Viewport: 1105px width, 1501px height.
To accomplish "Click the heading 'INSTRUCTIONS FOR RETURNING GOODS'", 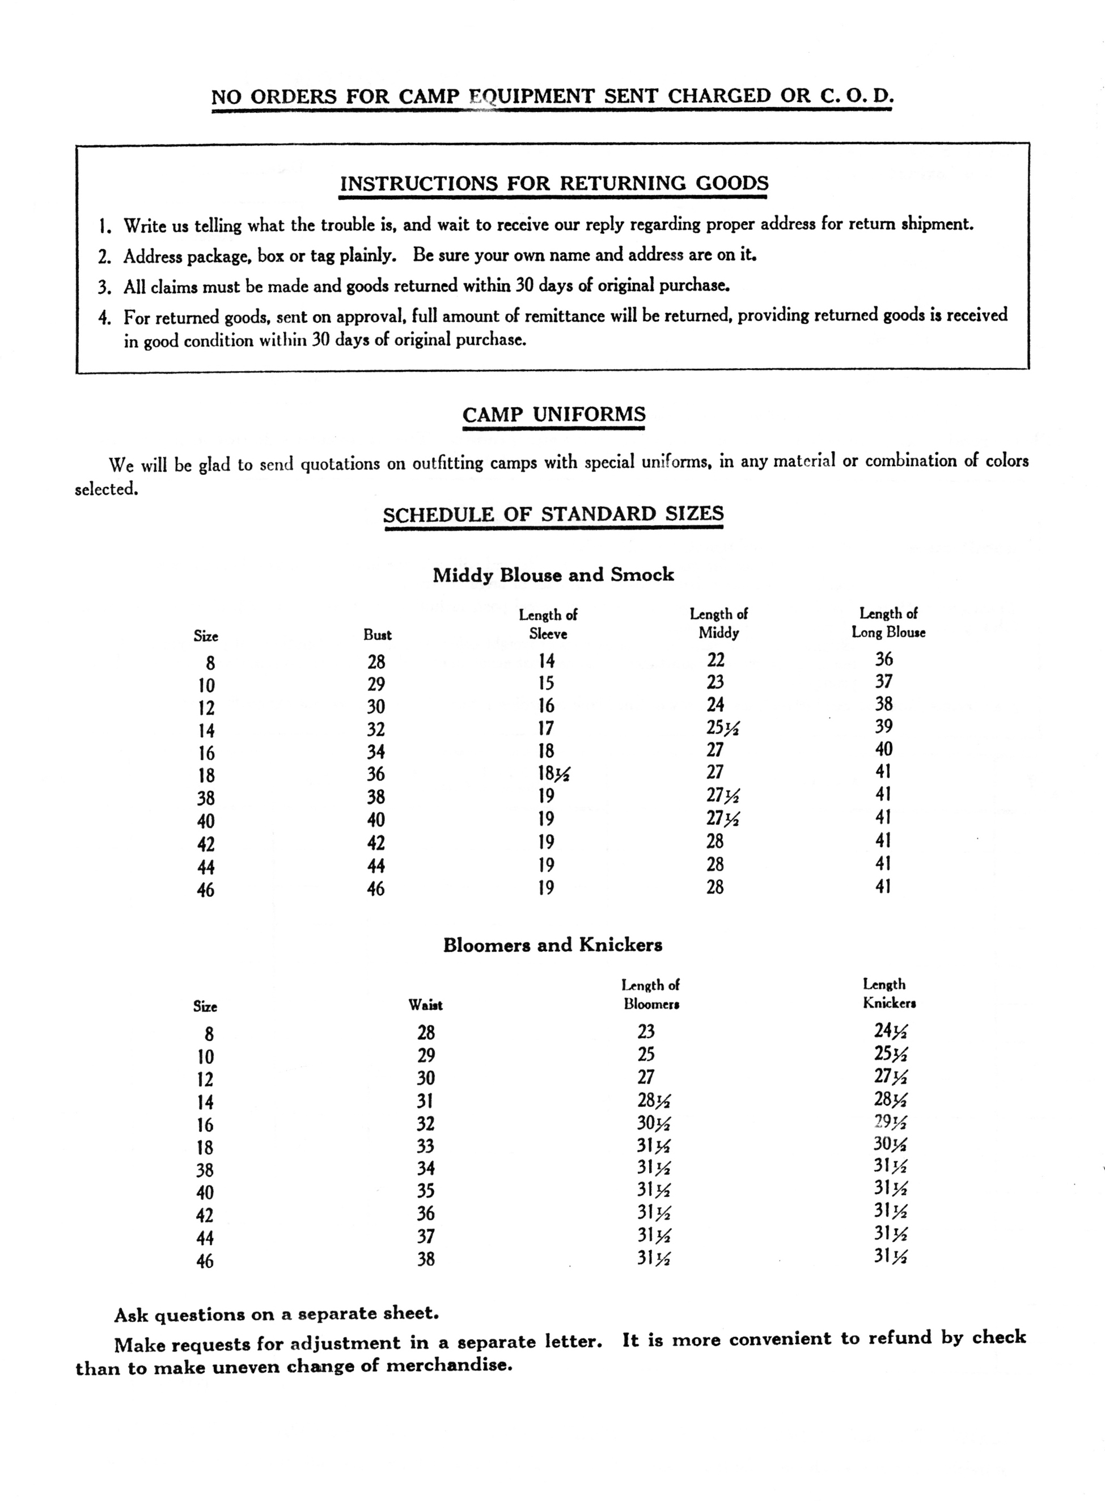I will [x=554, y=183].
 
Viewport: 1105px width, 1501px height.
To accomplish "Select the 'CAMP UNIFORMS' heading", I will [x=554, y=414].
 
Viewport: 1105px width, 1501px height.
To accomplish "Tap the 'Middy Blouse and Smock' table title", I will [x=553, y=575].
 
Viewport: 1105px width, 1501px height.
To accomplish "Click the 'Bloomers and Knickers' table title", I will [x=552, y=945].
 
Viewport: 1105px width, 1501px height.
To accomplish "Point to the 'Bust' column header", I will [x=377, y=635].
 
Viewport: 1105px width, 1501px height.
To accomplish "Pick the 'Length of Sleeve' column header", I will [x=548, y=623].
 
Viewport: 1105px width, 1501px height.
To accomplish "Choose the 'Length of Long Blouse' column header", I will [x=888, y=622].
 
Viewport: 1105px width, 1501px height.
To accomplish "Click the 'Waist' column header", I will [x=425, y=1005].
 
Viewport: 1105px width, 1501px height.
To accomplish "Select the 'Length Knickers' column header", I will [x=888, y=994].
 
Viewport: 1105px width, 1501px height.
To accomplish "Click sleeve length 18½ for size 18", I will [x=553, y=774].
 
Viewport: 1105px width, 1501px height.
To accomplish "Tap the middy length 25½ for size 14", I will [x=722, y=727].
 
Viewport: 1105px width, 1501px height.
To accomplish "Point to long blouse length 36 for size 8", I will [x=883, y=659].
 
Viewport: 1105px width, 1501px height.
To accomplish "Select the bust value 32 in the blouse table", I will [x=376, y=729].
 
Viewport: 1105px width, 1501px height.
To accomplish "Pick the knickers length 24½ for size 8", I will [x=890, y=1031].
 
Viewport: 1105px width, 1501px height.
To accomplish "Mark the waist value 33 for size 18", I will [x=425, y=1146].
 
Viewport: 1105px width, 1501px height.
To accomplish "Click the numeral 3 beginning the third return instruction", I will [x=104, y=288].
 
